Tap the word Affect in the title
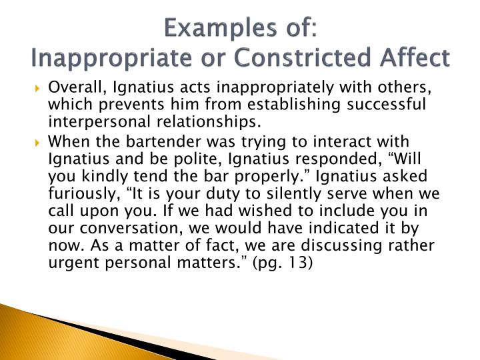(x=415, y=57)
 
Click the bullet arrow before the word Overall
(x=37, y=89)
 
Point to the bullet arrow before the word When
(x=37, y=143)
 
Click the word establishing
(x=294, y=105)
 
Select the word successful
(x=386, y=104)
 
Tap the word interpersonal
(x=99, y=122)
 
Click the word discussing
(x=341, y=246)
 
